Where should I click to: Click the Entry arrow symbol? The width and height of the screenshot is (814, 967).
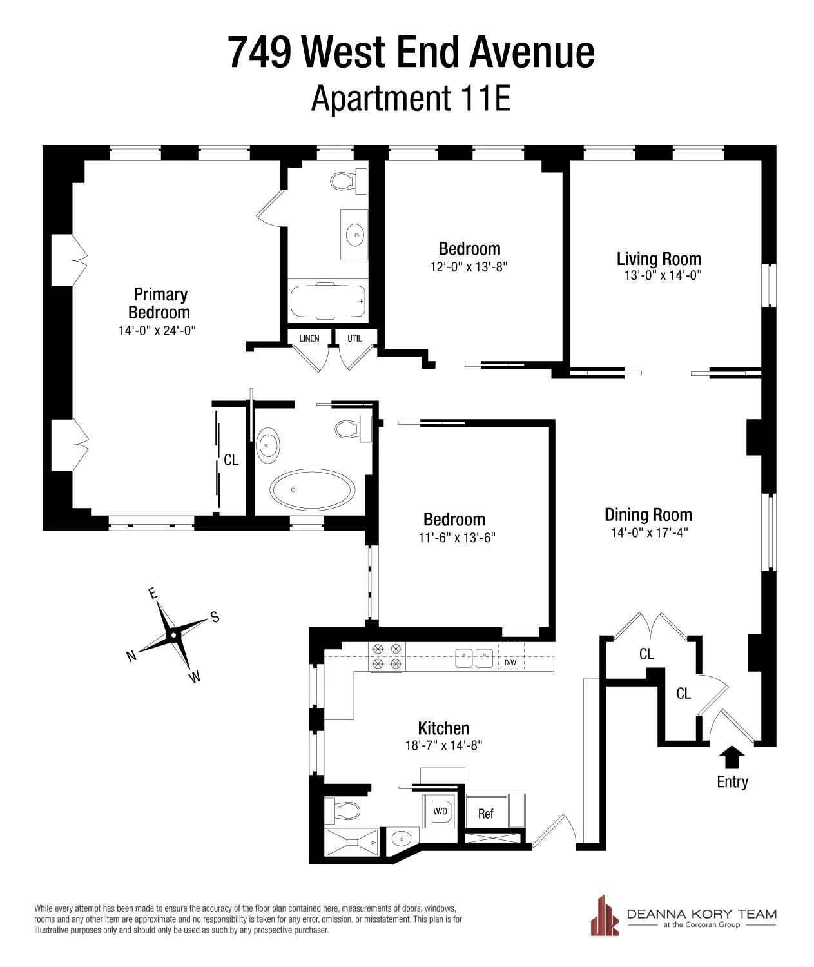click(x=731, y=757)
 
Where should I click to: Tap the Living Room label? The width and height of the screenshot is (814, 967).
click(x=658, y=259)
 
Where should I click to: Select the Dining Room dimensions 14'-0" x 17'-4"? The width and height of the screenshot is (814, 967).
click(x=649, y=532)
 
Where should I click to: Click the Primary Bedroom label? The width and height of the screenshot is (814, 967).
click(x=159, y=303)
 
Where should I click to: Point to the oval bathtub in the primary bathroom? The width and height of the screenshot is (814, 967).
click(x=312, y=489)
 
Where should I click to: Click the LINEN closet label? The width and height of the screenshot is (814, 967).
click(x=309, y=338)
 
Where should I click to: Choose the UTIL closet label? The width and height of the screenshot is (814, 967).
click(x=354, y=338)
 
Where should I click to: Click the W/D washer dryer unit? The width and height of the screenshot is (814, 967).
click(x=440, y=812)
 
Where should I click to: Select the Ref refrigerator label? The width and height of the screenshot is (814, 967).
click(x=486, y=814)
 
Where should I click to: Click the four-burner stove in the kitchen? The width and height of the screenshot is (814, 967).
click(x=387, y=656)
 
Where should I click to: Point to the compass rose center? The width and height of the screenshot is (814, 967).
click(x=173, y=636)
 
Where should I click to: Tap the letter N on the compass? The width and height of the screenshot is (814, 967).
click(x=131, y=656)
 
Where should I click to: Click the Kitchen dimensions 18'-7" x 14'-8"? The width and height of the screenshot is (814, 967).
click(x=443, y=745)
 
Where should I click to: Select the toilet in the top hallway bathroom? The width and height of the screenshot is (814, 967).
click(x=348, y=180)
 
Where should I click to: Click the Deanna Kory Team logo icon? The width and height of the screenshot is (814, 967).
click(x=604, y=916)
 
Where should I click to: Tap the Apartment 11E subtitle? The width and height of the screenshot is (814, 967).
click(x=411, y=99)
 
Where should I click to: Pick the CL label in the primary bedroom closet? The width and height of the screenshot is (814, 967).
click(x=231, y=460)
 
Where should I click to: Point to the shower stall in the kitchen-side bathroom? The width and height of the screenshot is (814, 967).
click(x=352, y=842)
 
